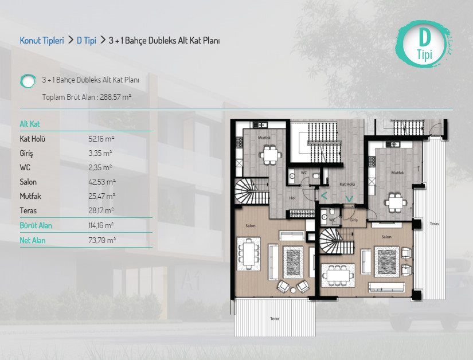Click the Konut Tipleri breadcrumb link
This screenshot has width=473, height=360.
[x=42, y=40]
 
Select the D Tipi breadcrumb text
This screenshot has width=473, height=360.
[x=86, y=40]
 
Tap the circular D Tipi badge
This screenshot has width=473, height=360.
[x=424, y=44]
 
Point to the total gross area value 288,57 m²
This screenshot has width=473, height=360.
[x=116, y=97]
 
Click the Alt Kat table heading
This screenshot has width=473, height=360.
[x=30, y=124]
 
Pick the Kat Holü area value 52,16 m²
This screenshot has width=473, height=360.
[x=101, y=139]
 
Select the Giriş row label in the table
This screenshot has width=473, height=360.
[x=26, y=154]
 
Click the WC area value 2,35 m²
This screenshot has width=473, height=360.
[x=100, y=167]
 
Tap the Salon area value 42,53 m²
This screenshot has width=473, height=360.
[x=102, y=182]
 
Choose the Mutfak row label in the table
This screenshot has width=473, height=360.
[x=30, y=196]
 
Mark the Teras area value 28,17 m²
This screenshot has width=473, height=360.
[x=101, y=210]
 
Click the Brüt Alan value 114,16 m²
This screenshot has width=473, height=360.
[x=101, y=225]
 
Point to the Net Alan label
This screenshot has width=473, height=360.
[x=33, y=240]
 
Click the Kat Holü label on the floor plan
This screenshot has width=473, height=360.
[x=347, y=184]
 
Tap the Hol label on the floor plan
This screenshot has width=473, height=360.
[x=292, y=198]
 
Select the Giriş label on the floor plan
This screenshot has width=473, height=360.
[x=354, y=220]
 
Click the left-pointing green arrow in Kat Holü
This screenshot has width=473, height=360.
[x=324, y=196]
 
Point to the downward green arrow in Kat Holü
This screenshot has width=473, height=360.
[x=349, y=199]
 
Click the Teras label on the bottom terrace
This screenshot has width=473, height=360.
[x=275, y=318]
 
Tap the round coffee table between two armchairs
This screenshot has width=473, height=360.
[x=293, y=291]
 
